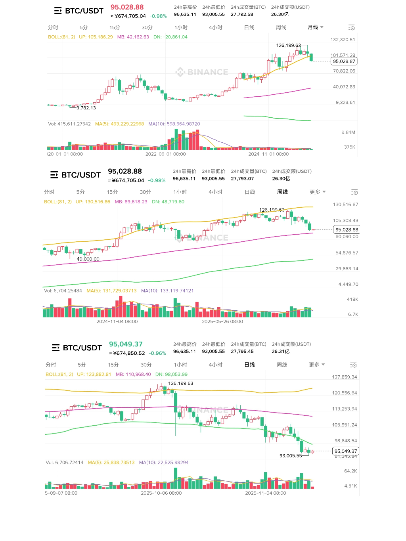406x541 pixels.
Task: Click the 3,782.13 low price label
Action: [x=86, y=108]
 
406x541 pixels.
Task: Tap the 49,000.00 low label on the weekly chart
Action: [x=88, y=259]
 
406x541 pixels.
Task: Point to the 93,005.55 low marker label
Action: [x=291, y=456]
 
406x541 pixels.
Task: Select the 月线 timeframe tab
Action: [x=313, y=27]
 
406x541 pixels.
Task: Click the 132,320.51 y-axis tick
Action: [x=343, y=40]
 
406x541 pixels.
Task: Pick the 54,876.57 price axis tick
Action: [x=347, y=252]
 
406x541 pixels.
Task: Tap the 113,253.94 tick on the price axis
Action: [x=344, y=409]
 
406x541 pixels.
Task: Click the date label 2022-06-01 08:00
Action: [x=165, y=154]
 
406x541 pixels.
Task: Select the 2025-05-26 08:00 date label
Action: [x=222, y=321]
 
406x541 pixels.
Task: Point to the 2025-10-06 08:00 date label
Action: [x=161, y=493]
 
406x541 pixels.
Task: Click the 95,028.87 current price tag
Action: [x=344, y=61]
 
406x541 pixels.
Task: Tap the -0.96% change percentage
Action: [x=157, y=353]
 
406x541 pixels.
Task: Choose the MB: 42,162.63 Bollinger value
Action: [x=133, y=37]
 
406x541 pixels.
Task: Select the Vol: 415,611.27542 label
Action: [x=69, y=124]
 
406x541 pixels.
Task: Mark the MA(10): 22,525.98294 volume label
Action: [x=164, y=463]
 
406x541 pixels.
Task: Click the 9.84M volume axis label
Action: [x=348, y=132]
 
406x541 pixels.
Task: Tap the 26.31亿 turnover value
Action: [x=280, y=352]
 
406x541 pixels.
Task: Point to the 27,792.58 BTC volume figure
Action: [x=242, y=14]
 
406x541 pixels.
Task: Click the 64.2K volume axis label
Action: [x=350, y=471]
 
